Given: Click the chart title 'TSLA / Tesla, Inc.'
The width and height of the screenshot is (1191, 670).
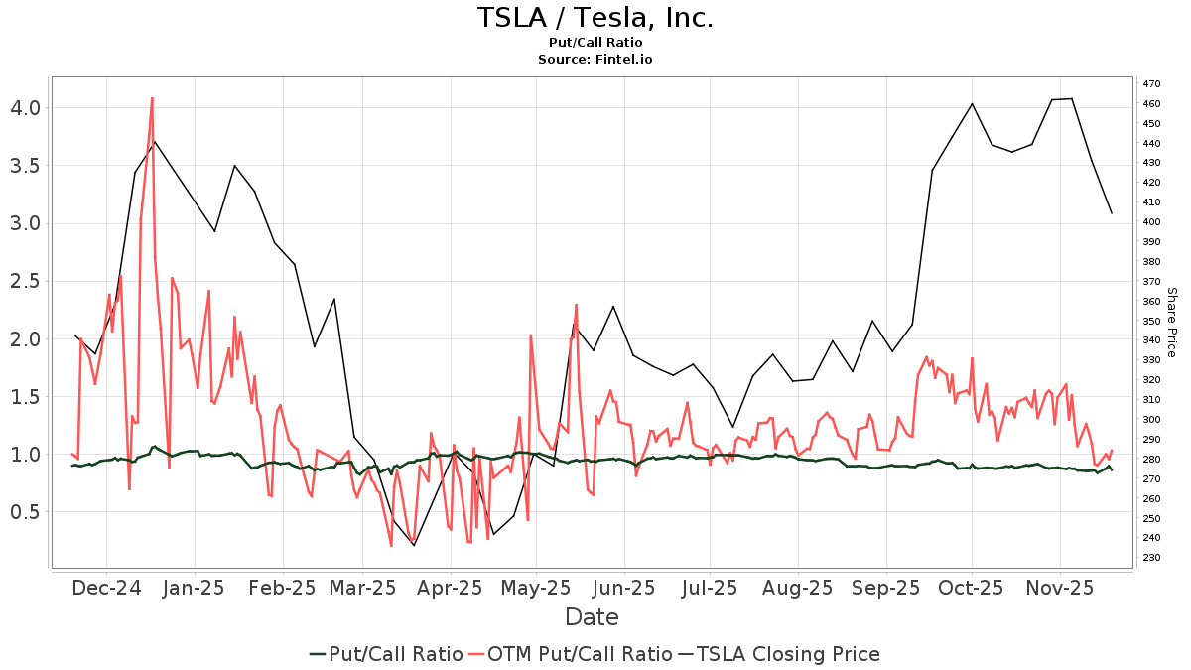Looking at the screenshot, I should [x=595, y=18].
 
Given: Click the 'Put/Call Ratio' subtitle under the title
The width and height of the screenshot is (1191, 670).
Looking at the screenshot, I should [x=595, y=43].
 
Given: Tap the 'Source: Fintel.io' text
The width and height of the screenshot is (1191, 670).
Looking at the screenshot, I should [x=595, y=60].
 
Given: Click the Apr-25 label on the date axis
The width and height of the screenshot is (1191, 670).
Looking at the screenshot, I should [x=452, y=588].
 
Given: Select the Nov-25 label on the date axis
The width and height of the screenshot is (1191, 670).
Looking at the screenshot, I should [x=1059, y=588].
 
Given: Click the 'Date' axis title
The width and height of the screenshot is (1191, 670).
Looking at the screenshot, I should [x=592, y=617].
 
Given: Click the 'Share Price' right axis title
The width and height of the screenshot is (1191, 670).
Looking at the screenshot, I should [x=1171, y=323].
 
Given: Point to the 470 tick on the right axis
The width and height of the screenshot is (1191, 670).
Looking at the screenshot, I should [x=1151, y=84].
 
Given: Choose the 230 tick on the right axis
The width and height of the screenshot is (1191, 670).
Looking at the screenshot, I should [x=1151, y=558].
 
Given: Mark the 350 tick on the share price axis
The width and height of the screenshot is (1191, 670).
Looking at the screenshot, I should [x=1151, y=321].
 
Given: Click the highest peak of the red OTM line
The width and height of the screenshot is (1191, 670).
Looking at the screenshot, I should [x=152, y=97].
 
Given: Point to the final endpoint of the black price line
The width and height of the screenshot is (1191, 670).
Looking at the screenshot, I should [x=1112, y=213].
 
